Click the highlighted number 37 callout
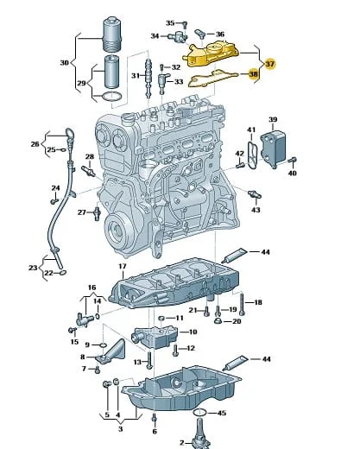[269, 64]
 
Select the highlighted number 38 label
[253, 74]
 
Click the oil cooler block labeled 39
[273, 149]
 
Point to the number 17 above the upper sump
[123, 267]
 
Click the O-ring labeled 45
[199, 413]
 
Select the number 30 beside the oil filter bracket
[65, 62]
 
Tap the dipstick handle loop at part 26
[69, 134]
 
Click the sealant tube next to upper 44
[234, 256]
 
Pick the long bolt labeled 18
[243, 303]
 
